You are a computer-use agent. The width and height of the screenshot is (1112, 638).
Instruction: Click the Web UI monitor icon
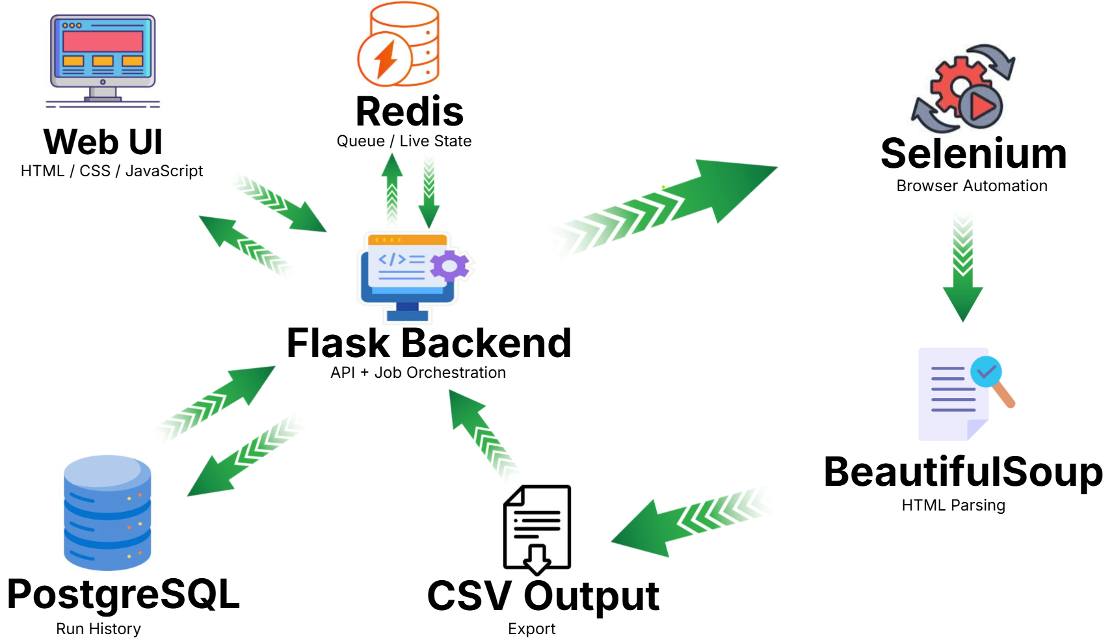(103, 57)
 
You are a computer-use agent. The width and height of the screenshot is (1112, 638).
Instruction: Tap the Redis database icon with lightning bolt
(398, 44)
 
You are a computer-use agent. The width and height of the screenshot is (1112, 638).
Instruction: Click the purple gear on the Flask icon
(449, 265)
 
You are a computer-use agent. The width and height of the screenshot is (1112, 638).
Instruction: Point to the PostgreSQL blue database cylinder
(107, 512)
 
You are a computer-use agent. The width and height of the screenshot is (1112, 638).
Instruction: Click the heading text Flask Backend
(429, 343)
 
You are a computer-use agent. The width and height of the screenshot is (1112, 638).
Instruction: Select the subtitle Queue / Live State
(404, 141)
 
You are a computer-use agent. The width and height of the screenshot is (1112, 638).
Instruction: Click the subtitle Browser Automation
(972, 186)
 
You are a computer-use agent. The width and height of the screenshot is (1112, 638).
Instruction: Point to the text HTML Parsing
(953, 505)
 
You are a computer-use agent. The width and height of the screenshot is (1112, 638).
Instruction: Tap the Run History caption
(98, 629)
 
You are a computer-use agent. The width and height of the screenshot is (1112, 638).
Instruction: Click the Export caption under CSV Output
(531, 629)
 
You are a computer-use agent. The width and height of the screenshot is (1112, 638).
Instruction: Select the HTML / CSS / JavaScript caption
(112, 171)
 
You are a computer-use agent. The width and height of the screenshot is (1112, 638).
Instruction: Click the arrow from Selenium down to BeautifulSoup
(962, 273)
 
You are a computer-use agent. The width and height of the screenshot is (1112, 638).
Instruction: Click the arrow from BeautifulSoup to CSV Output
(683, 520)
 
